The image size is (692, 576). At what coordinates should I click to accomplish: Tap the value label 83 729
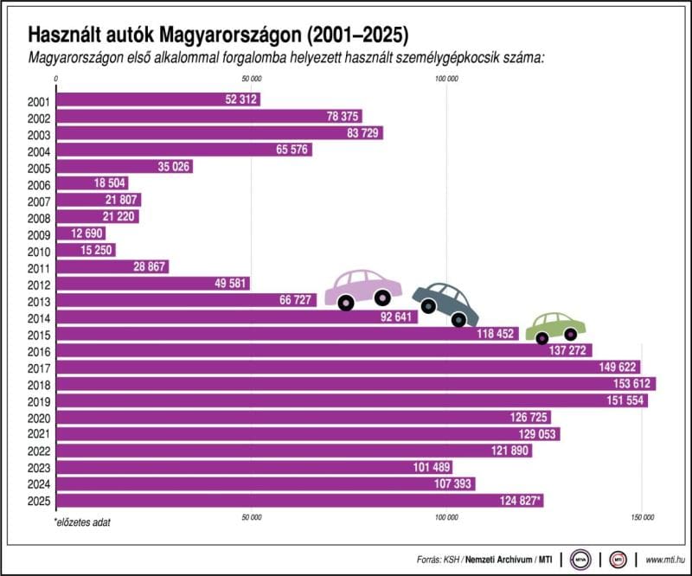pyautogui.click(x=357, y=133)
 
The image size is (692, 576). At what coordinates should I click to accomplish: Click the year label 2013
pyautogui.click(x=39, y=300)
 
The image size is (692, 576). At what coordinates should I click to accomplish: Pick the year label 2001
pyautogui.click(x=39, y=100)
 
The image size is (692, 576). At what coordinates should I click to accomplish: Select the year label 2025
pyautogui.click(x=39, y=500)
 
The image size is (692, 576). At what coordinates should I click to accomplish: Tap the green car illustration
pyautogui.click(x=556, y=325)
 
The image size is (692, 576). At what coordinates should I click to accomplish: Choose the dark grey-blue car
pyautogui.click(x=445, y=304)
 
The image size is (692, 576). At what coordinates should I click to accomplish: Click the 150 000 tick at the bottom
pyautogui.click(x=641, y=517)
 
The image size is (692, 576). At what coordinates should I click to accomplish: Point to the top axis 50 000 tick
pyautogui.click(x=251, y=79)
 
